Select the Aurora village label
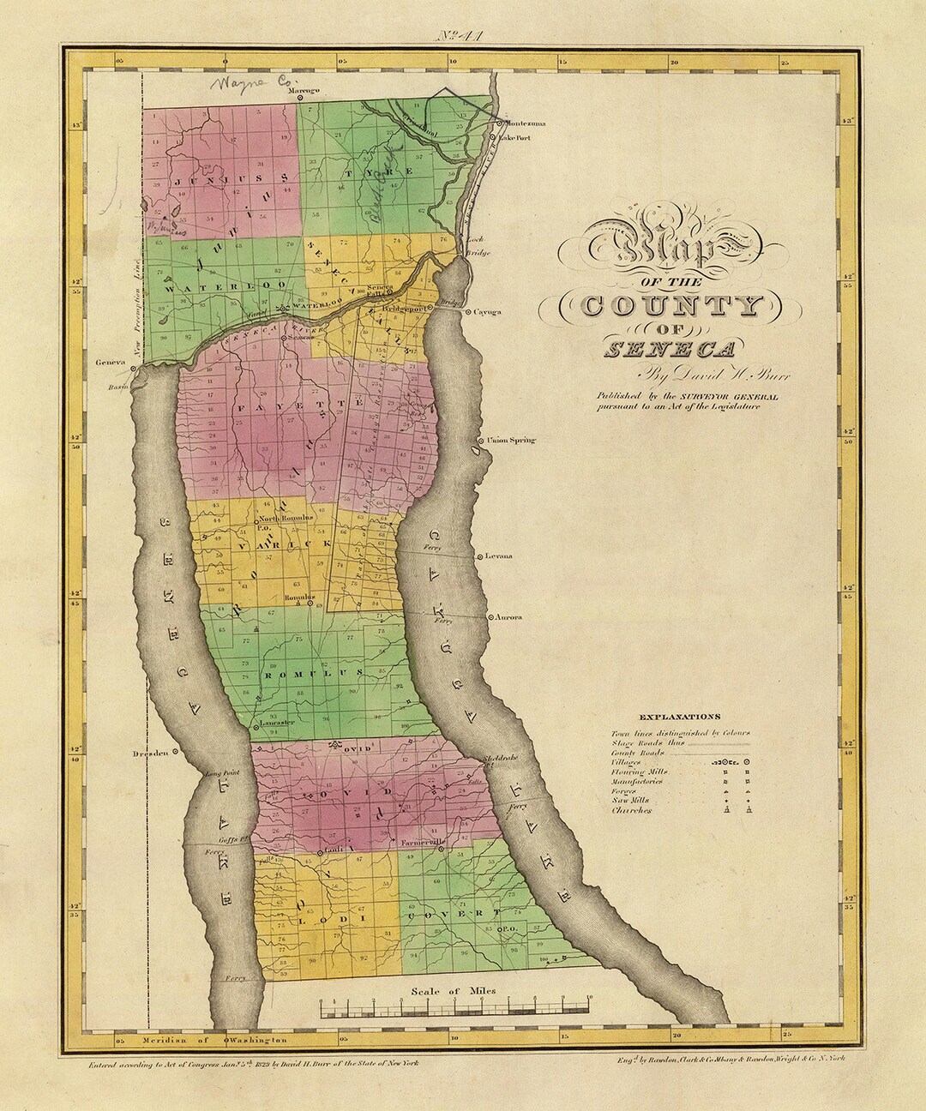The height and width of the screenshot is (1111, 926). click(x=508, y=617)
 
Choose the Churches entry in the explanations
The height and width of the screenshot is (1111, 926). click(x=631, y=810)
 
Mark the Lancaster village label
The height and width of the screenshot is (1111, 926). click(x=274, y=723)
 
